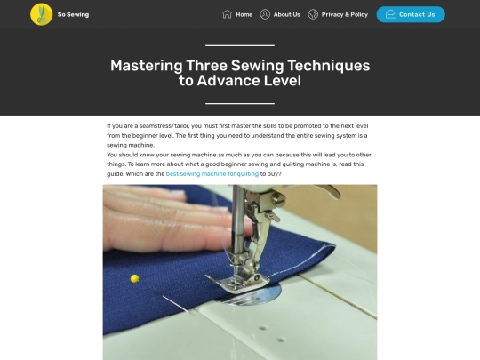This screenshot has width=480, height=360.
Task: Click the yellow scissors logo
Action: click(x=41, y=14)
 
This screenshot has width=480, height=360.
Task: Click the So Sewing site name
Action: click(x=73, y=14)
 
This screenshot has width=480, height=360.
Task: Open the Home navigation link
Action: click(x=244, y=14)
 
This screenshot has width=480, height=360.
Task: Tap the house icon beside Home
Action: click(x=227, y=14)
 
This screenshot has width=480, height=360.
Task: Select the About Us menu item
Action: click(x=287, y=14)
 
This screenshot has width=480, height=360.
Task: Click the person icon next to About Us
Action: click(x=265, y=14)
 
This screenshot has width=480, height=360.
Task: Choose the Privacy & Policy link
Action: click(x=345, y=14)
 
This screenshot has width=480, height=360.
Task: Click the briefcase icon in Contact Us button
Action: click(x=391, y=14)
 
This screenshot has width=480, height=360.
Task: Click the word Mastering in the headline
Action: click(x=147, y=66)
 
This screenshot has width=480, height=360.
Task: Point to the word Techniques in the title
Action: click(x=329, y=66)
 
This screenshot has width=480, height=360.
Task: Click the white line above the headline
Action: click(x=240, y=45)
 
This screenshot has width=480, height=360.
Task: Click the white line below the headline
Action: click(x=240, y=103)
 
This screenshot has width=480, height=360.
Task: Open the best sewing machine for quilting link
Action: click(x=212, y=174)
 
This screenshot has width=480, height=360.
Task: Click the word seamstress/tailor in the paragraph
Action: click(x=164, y=126)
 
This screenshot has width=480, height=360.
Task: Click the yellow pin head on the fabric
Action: click(x=135, y=278)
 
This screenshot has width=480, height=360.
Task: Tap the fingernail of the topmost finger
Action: click(x=178, y=194)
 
